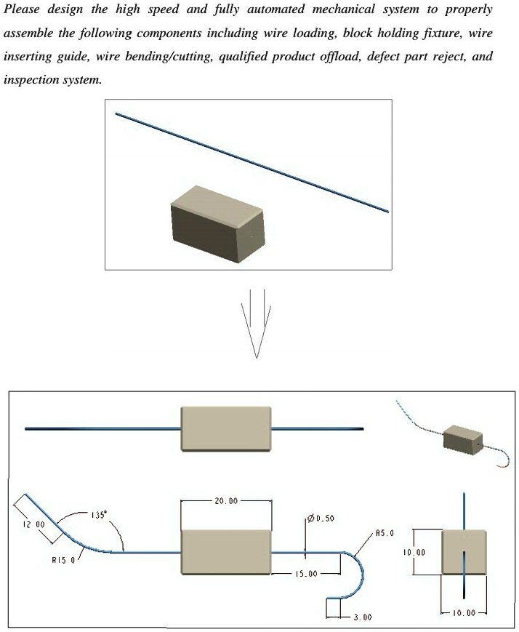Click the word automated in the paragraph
(279, 9)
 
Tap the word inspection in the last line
(30, 80)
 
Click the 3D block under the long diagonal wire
(217, 222)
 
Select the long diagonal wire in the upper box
(251, 162)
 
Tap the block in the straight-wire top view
(225, 428)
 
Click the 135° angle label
(98, 514)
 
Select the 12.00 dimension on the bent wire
(35, 524)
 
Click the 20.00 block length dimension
(225, 501)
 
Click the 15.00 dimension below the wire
(305, 574)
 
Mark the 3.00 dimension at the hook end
(361, 617)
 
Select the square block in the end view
(463, 553)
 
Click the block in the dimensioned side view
(225, 553)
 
